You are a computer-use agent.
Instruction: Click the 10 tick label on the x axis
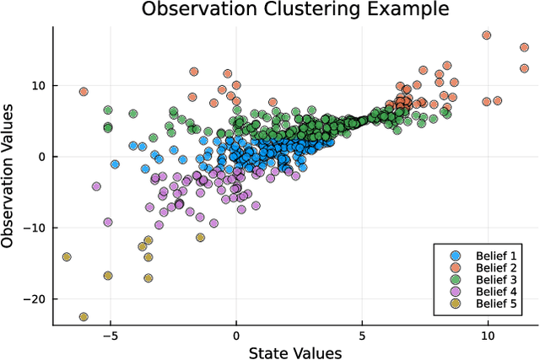tap(487, 334)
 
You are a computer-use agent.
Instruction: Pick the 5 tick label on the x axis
tap(362, 334)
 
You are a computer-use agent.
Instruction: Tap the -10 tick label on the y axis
tap(35, 228)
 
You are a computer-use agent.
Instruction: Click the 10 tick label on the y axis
tap(38, 85)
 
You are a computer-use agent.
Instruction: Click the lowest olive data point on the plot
tap(84, 317)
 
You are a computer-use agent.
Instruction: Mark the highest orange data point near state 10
tap(487, 35)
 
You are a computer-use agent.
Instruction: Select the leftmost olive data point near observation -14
tap(67, 257)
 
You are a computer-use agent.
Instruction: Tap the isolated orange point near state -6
tap(84, 92)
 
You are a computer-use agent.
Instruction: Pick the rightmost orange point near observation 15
tap(524, 48)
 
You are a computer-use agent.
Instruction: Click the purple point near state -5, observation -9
tap(108, 223)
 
